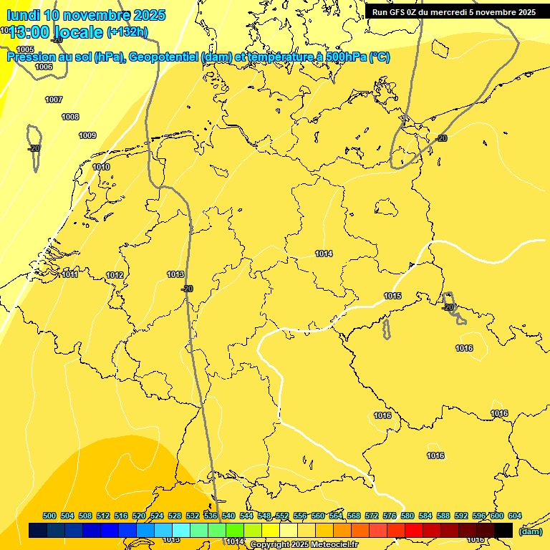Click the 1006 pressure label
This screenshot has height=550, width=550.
point(44,67)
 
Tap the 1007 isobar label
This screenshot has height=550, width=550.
point(54,100)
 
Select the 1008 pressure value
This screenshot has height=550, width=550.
point(70,117)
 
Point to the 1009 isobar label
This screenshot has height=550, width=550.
point(87,135)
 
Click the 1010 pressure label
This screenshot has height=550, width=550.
point(101,167)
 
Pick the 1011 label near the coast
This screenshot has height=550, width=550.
point(69,274)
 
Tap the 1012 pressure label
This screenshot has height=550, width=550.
point(115,275)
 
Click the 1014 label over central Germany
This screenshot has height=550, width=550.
point(324,254)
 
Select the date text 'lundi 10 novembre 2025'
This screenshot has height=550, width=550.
point(86,14)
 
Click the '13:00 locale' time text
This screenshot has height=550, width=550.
point(56,31)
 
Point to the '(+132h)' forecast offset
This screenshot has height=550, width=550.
point(127,32)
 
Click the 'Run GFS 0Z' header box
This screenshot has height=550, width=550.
point(453,12)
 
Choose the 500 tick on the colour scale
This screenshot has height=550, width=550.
point(49,516)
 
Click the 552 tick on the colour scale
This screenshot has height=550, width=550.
point(282,516)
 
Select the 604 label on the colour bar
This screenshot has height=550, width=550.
point(515,516)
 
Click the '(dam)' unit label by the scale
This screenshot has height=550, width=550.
point(530,531)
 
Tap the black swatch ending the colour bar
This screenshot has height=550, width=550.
point(503,530)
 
